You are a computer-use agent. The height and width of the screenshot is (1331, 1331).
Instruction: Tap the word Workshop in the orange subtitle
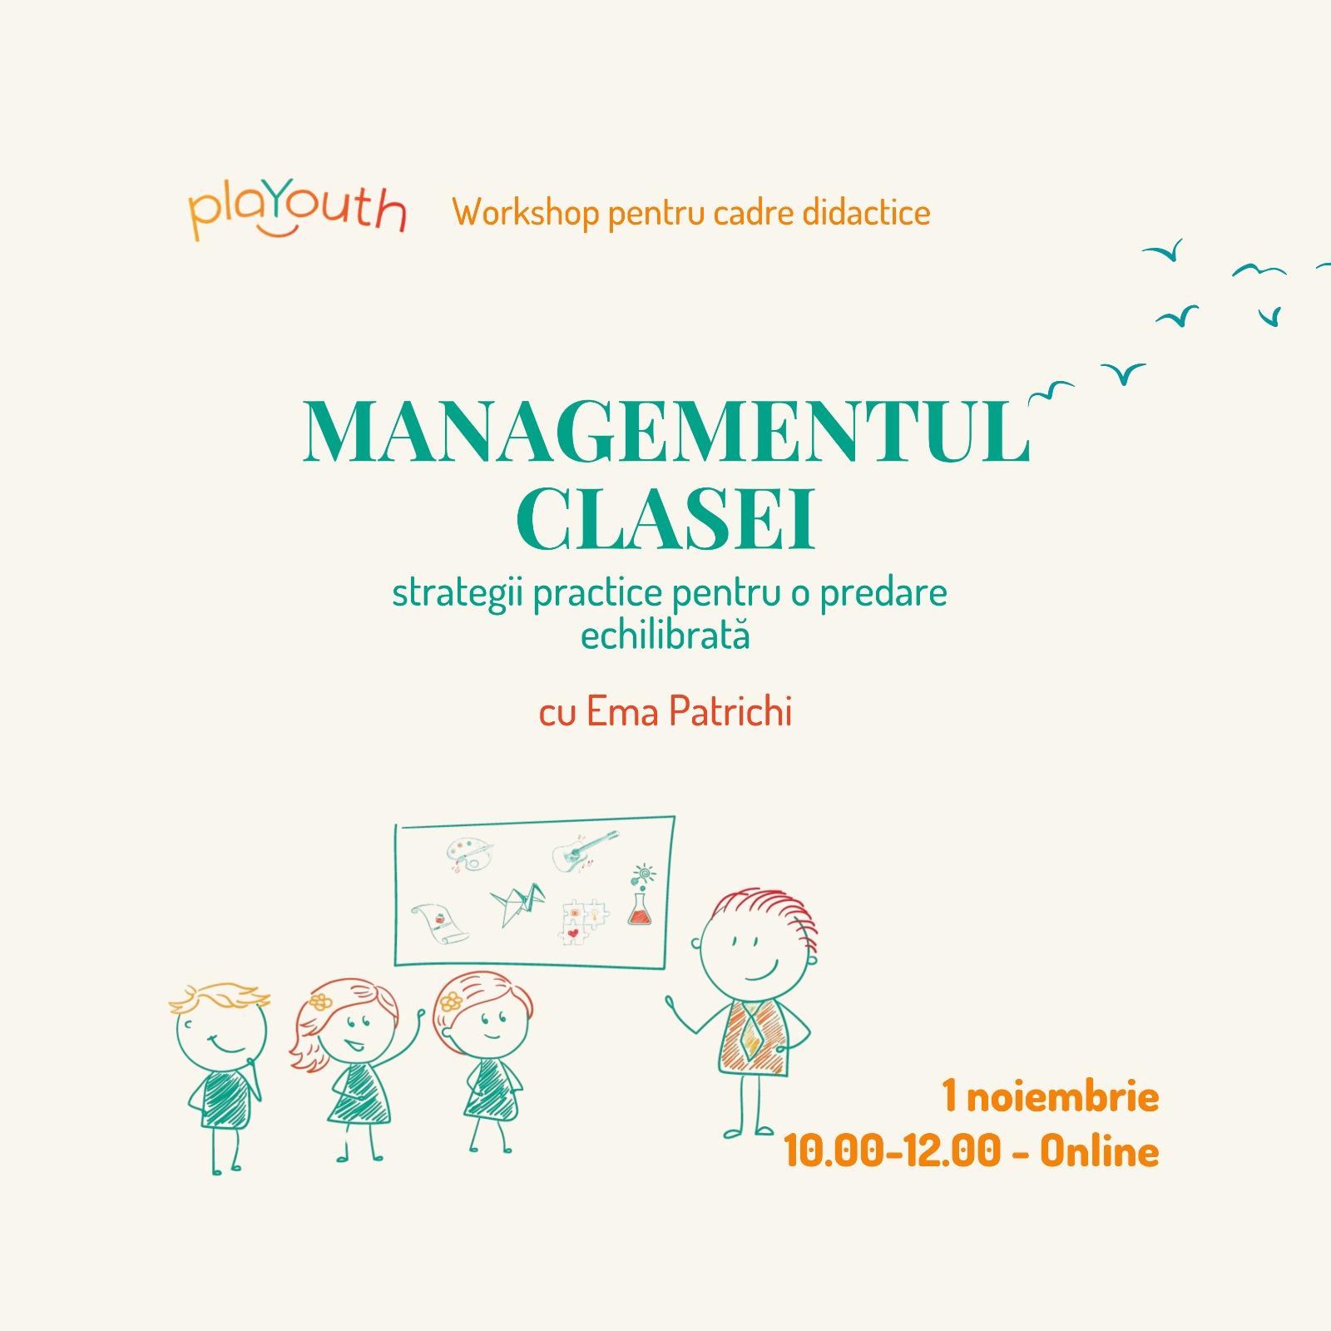(x=526, y=213)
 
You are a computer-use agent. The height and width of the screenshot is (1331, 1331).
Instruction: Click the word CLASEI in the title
(x=665, y=518)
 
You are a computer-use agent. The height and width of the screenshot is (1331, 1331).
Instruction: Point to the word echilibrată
(x=665, y=636)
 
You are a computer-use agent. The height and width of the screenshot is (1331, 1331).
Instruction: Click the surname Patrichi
(x=730, y=712)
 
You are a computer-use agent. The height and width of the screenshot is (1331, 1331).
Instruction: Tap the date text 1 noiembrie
(x=1051, y=1096)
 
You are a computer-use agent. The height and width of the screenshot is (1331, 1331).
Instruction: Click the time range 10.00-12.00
(x=893, y=1152)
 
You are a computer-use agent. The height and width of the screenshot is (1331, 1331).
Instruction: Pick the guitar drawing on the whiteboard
(x=584, y=851)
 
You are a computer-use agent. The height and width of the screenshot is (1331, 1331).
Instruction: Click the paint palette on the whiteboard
(x=469, y=854)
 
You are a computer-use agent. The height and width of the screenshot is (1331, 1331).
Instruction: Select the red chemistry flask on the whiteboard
(x=640, y=907)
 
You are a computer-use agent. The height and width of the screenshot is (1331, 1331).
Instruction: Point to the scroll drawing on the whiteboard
(x=439, y=923)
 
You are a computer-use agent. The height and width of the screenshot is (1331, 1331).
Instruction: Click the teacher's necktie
(x=751, y=1032)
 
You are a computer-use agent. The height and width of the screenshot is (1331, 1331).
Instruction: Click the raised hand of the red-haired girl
(x=420, y=1017)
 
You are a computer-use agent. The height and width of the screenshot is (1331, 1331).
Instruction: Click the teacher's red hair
(x=769, y=911)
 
